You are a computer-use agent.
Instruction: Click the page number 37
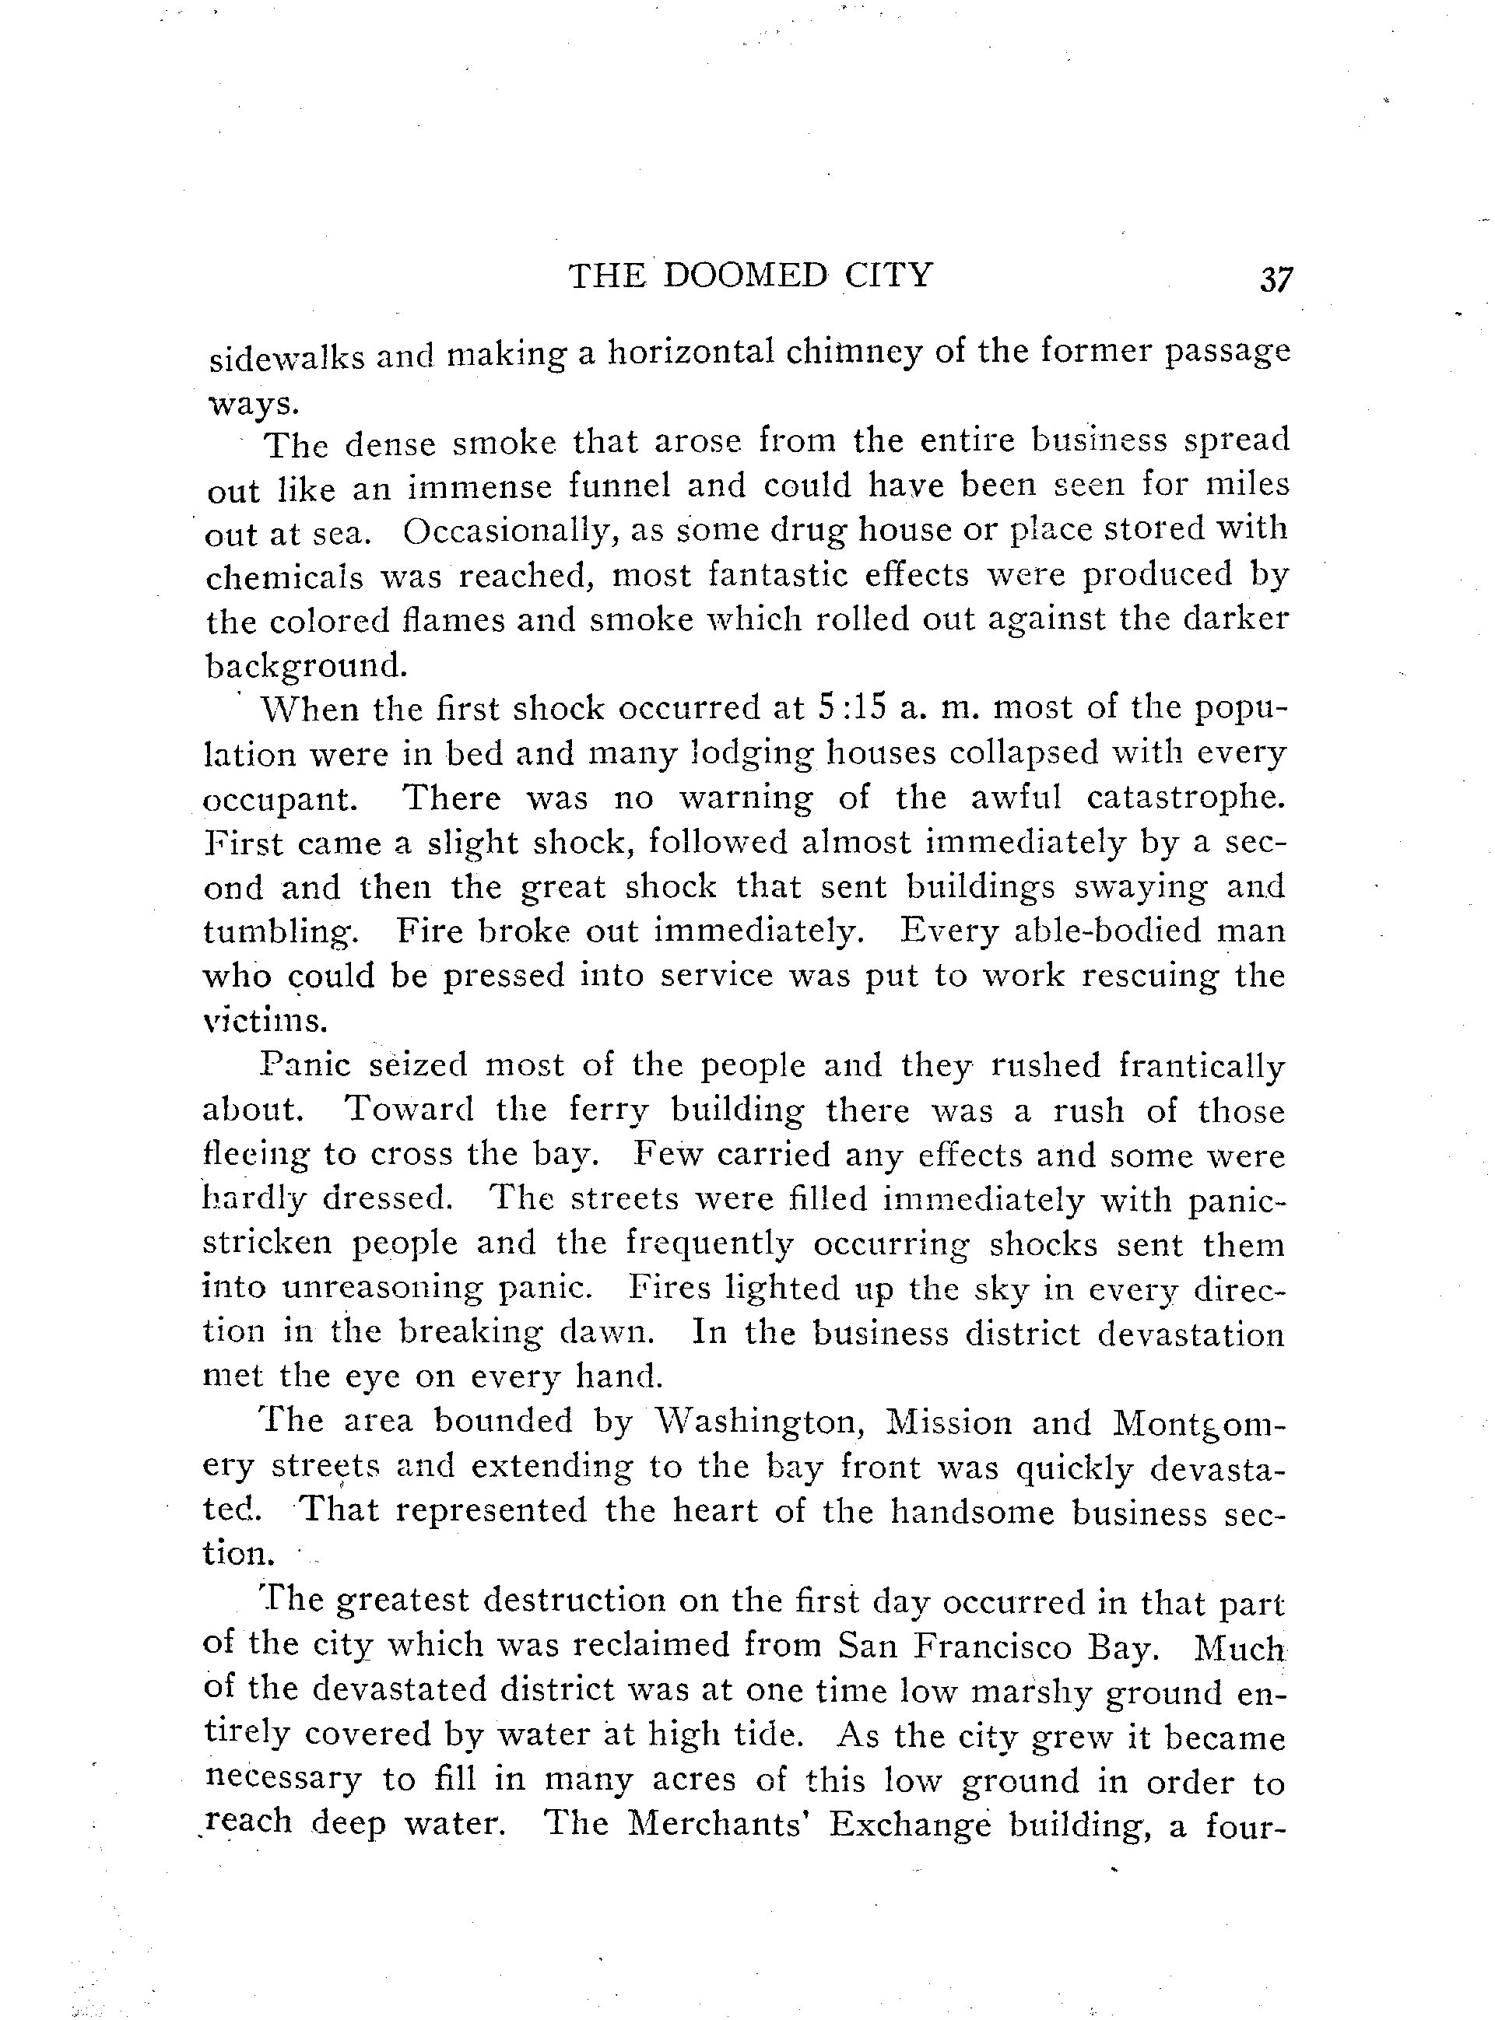click(x=1276, y=279)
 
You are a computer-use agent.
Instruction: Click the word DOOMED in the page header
click(x=745, y=275)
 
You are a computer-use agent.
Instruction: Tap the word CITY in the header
click(x=888, y=275)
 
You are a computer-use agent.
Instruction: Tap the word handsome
click(x=972, y=1513)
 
